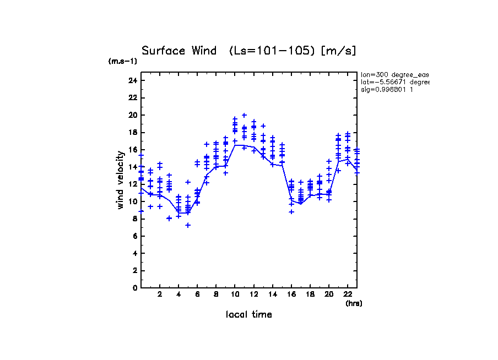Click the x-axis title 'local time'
pyautogui.click(x=248, y=315)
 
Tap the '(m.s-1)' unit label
pyautogui.click(x=123, y=61)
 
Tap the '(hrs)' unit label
pyautogui.click(x=354, y=303)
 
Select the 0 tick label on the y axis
pyautogui.click(x=134, y=288)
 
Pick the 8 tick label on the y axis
pyautogui.click(x=134, y=219)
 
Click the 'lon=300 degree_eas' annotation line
pyautogui.click(x=394, y=74)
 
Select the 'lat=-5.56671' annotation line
pyautogui.click(x=394, y=82)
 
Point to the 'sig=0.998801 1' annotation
pyautogui.click(x=387, y=89)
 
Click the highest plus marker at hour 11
pyautogui.click(x=244, y=115)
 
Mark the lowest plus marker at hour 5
pyautogui.click(x=188, y=225)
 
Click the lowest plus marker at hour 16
pyautogui.click(x=291, y=211)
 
